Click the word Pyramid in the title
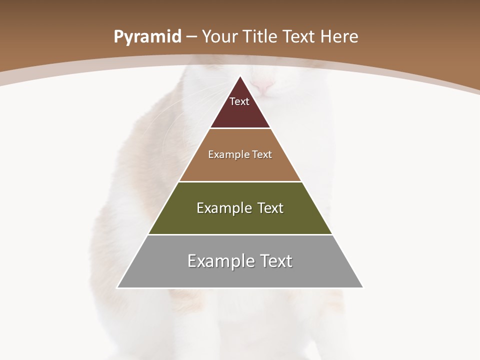(147, 37)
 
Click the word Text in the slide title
(301, 36)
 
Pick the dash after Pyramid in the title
(191, 37)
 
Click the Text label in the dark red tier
(239, 101)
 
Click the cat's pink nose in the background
(263, 87)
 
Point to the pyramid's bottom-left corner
(117, 287)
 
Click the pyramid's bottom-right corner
(362, 287)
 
